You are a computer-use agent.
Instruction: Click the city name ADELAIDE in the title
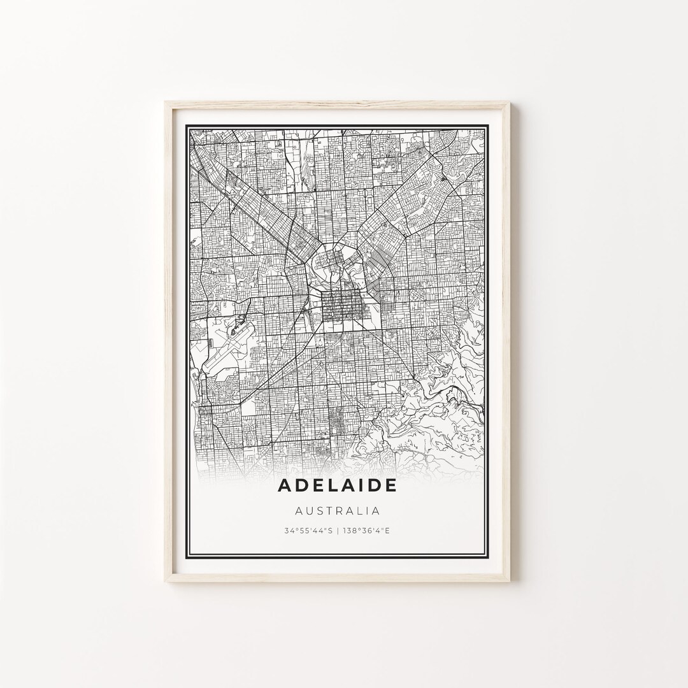tap(338, 485)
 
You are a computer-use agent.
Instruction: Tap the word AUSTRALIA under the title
tap(338, 510)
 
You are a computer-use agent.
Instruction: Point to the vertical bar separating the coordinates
tap(338, 530)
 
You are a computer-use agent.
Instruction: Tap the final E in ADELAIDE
tap(391, 485)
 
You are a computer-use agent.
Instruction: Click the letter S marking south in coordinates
tap(327, 530)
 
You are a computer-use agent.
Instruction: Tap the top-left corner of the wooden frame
tap(166, 104)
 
